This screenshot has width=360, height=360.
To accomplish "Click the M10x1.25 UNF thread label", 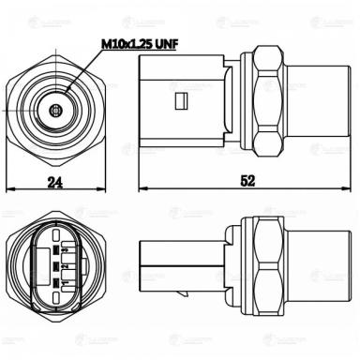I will (x=141, y=43).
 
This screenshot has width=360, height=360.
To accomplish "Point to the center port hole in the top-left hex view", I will (x=57, y=109).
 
